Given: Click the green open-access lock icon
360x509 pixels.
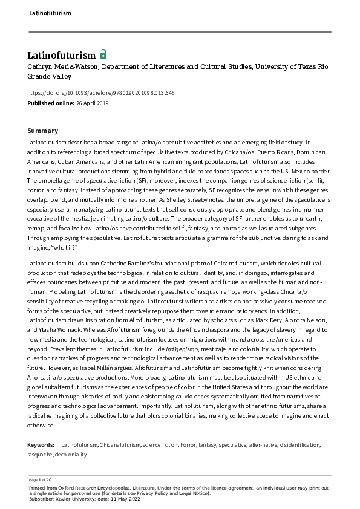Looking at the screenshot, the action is pos(103,54).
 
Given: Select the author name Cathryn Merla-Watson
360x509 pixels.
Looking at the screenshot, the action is pos(57,67).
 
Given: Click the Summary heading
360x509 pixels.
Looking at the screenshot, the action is pos(43,131).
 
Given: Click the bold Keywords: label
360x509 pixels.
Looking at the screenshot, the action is pos(42,445).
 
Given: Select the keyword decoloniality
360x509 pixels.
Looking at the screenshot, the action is pos(71,454).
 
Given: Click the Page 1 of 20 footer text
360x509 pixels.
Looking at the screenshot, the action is pos(39,479).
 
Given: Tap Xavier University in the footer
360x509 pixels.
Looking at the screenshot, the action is pos(70,498).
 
